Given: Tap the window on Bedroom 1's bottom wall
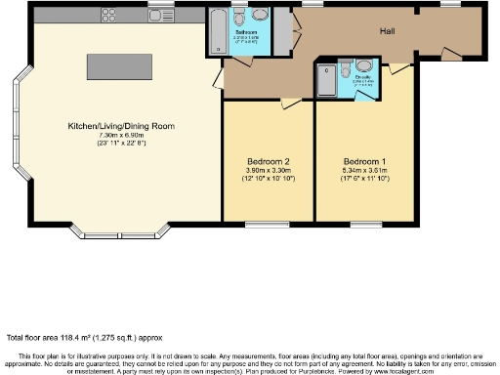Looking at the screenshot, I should tap(366, 225).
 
